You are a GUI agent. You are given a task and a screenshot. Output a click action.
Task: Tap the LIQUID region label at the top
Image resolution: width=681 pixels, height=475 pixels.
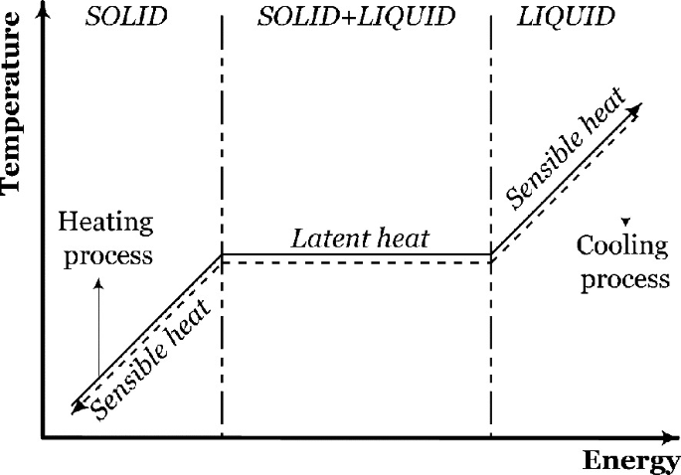coord(566,17)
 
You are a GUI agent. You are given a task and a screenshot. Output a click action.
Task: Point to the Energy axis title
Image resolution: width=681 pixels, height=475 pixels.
coord(630,460)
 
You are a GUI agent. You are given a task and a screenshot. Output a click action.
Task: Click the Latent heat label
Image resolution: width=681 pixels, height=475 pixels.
coord(360,238)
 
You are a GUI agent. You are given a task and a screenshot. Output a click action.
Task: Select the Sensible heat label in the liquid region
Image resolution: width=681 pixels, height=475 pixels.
coord(566,150)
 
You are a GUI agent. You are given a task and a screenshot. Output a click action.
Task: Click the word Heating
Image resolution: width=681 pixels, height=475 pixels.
coord(105,223)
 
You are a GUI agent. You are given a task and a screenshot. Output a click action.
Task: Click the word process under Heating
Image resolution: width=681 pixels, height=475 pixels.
coord(105,255)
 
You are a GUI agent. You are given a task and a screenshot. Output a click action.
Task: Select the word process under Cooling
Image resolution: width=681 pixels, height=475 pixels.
coord(625,278)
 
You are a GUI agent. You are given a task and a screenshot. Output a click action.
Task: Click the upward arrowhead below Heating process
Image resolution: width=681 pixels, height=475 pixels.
coord(98,282)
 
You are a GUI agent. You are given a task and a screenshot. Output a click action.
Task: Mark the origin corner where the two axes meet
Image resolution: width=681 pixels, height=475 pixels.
coord(42,436)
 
